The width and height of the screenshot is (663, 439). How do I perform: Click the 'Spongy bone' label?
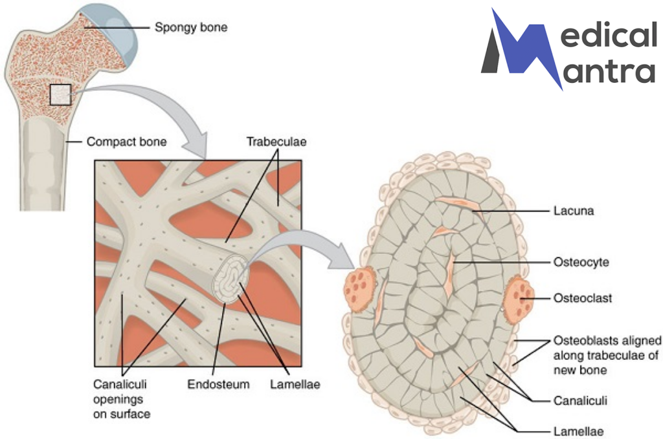tap(191, 28)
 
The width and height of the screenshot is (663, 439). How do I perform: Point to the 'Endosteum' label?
tap(218, 385)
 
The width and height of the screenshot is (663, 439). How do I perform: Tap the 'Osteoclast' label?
tap(582, 299)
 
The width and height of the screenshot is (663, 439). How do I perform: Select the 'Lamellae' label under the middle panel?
tap(295, 385)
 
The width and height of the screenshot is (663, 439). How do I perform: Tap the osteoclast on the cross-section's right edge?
tap(520, 297)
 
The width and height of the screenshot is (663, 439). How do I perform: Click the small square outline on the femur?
tap(60, 95)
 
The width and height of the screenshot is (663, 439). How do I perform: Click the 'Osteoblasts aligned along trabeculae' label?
tap(607, 355)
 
